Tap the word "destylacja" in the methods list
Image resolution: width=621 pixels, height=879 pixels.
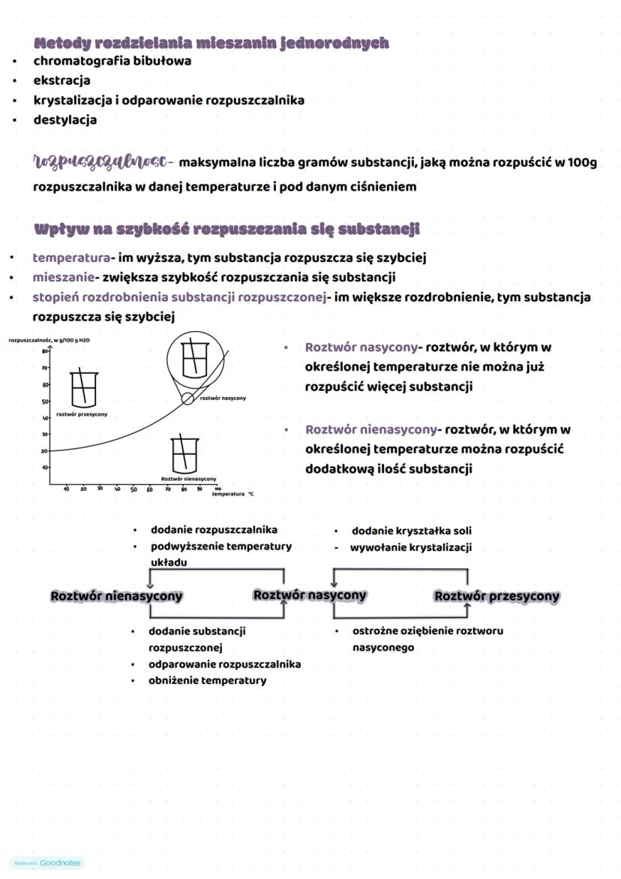coord(64,119)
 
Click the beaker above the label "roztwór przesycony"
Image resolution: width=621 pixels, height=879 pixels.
coord(82,387)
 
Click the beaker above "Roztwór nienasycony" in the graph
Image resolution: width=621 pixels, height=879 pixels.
coord(183,453)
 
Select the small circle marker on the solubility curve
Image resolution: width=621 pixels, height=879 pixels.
coord(187,399)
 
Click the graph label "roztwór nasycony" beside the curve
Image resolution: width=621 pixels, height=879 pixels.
coord(223,398)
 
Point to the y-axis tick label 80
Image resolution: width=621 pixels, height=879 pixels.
coord(45,351)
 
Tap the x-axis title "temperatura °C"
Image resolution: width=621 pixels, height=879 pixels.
coord(232,495)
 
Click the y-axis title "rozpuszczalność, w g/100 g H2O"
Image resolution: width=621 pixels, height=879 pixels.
coord(49,340)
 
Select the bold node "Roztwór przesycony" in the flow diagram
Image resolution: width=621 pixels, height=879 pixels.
coord(496,596)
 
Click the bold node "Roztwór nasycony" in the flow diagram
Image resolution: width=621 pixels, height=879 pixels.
coord(310,595)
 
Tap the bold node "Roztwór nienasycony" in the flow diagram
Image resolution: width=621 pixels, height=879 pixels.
coord(116,596)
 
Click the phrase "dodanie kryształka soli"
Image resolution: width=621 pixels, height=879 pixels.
coord(412,531)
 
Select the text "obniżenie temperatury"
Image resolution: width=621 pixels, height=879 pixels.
coord(207,680)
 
